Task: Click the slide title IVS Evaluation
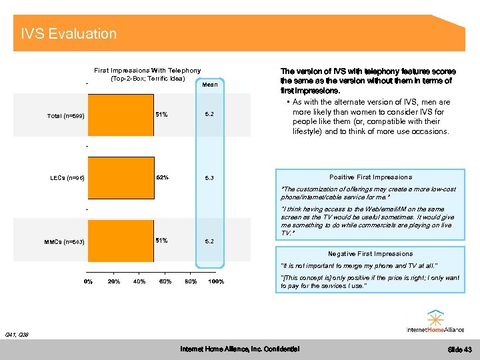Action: [x=69, y=34]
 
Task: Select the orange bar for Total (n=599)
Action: [x=121, y=115]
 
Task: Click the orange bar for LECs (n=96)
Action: [x=121, y=178]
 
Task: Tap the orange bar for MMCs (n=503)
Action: [x=121, y=240]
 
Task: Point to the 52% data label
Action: [x=162, y=177]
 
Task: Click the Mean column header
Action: [x=209, y=85]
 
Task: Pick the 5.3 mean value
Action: [x=209, y=178]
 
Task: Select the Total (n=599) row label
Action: [x=66, y=116]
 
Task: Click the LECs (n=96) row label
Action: [x=67, y=178]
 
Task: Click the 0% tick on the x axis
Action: [x=87, y=281]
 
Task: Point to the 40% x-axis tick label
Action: [x=139, y=281]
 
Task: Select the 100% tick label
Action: [x=215, y=281]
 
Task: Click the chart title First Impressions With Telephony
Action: [x=147, y=70]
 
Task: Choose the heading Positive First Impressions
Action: [x=371, y=177]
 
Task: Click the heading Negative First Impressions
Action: [x=370, y=254]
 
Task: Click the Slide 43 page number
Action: [x=459, y=350]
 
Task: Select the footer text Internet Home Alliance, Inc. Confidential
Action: [x=240, y=349]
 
